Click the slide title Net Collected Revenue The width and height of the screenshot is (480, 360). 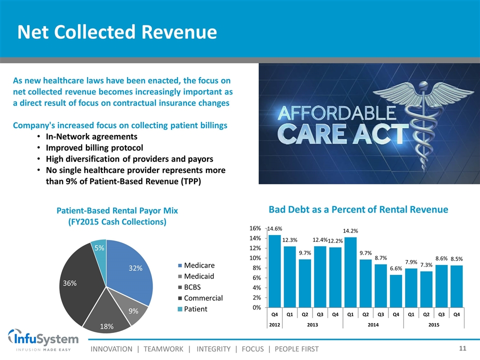tap(117, 32)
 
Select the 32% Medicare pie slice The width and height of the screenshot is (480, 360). tap(131, 270)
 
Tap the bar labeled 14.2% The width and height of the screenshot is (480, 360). tap(350, 272)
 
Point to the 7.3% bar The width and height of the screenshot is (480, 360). tap(426, 289)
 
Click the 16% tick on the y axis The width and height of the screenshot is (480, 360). tap(254, 228)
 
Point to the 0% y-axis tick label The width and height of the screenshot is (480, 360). tap(256, 307)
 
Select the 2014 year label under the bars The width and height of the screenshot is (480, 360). tap(373, 324)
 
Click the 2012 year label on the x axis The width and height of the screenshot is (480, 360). tap(274, 324)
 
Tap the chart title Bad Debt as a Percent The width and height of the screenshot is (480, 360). tap(358, 209)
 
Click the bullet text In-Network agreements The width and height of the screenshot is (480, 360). tap(91, 136)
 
